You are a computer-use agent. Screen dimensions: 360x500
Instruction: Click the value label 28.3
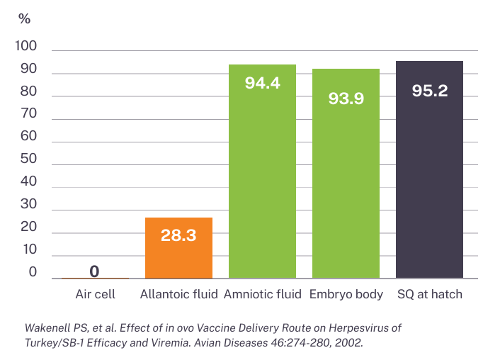(178, 236)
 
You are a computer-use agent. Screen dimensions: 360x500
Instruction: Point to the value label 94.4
(262, 83)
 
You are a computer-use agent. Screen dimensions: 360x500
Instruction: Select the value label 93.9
(346, 99)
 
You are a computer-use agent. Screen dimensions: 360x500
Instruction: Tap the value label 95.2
(429, 91)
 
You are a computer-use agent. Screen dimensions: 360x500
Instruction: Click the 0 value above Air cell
(94, 271)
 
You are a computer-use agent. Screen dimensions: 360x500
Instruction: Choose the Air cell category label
(95, 294)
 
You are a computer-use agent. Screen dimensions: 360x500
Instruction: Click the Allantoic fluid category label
(178, 294)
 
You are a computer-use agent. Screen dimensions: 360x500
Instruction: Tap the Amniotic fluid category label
(263, 294)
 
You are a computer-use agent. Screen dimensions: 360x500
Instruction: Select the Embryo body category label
(346, 294)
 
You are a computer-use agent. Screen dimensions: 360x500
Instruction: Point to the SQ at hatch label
(429, 294)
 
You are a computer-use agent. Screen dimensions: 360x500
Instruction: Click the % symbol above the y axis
(24, 19)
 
